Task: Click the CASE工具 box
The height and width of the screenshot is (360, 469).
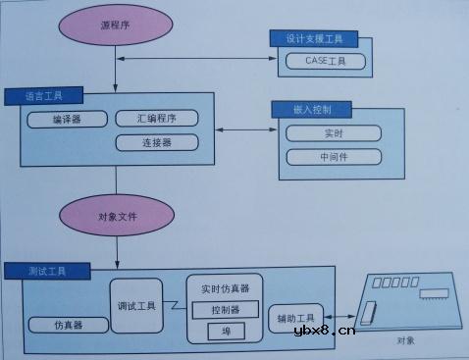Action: click(x=326, y=61)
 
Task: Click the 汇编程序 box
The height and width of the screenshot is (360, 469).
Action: click(x=156, y=118)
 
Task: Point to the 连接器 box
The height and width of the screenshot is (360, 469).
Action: click(x=156, y=142)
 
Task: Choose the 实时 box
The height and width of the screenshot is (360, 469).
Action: click(x=334, y=132)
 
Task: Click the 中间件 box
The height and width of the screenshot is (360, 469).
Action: click(x=334, y=156)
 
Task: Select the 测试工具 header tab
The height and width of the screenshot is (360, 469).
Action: click(x=46, y=269)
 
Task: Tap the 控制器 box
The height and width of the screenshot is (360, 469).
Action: click(x=225, y=311)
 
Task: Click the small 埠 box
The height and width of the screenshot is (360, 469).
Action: click(x=225, y=331)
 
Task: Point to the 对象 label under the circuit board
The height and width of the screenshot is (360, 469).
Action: click(x=406, y=340)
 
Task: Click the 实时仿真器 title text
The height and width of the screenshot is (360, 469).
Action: click(x=225, y=288)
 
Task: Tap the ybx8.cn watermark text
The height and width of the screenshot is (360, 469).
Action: click(x=323, y=332)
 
